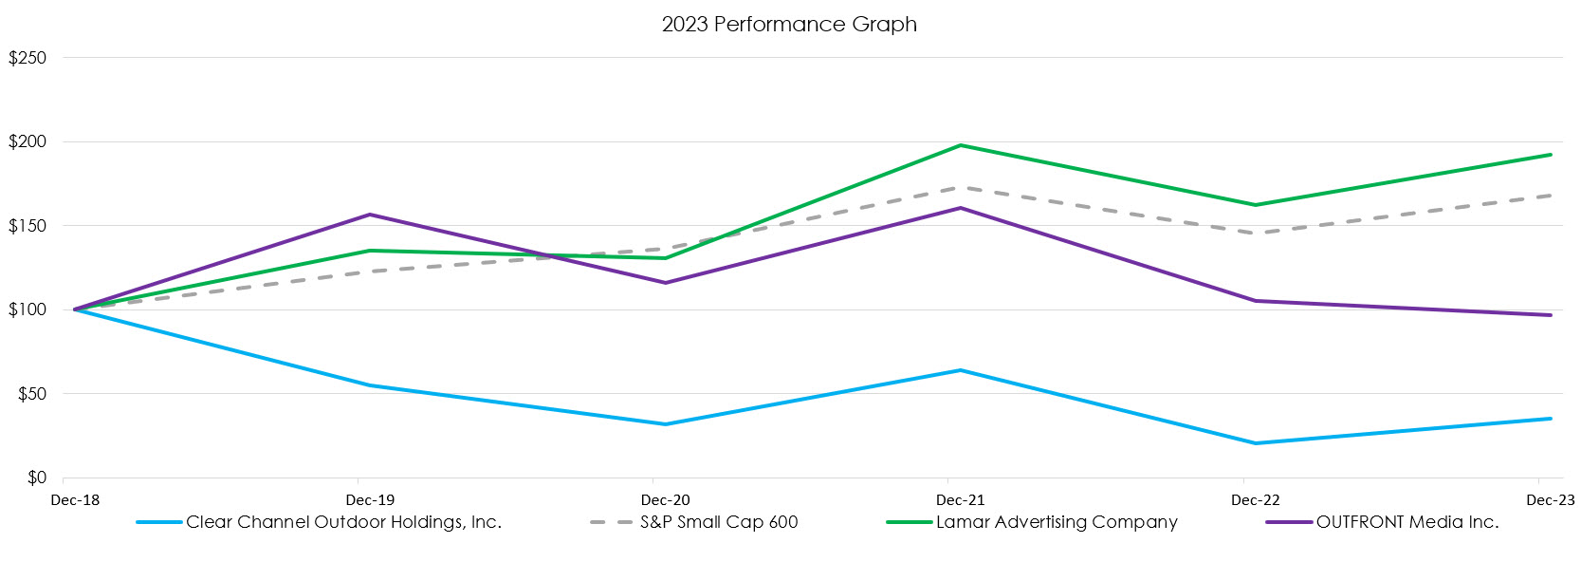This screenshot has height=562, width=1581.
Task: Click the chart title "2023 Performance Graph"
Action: click(x=789, y=25)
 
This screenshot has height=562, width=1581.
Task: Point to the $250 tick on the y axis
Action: click(x=28, y=58)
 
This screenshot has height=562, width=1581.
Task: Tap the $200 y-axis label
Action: click(x=28, y=142)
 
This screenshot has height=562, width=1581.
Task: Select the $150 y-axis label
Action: click(x=28, y=226)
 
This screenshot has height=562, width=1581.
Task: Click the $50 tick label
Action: click(x=31, y=394)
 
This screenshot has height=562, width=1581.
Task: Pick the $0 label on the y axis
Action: click(x=36, y=478)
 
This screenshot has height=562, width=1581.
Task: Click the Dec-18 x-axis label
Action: click(x=75, y=500)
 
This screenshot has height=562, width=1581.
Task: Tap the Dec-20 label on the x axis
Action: click(x=665, y=500)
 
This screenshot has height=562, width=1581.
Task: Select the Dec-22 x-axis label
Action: click(x=1255, y=500)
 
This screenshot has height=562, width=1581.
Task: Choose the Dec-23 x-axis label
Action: click(x=1550, y=500)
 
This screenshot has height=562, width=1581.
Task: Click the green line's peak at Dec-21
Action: click(x=961, y=145)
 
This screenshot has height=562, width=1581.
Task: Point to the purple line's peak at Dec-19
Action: click(x=370, y=215)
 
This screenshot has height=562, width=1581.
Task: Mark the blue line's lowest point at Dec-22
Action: click(x=1256, y=443)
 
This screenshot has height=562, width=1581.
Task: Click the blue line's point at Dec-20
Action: click(x=665, y=424)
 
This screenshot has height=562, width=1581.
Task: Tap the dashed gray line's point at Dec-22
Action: click(x=1256, y=233)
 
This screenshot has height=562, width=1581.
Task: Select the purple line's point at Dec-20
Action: click(x=665, y=283)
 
